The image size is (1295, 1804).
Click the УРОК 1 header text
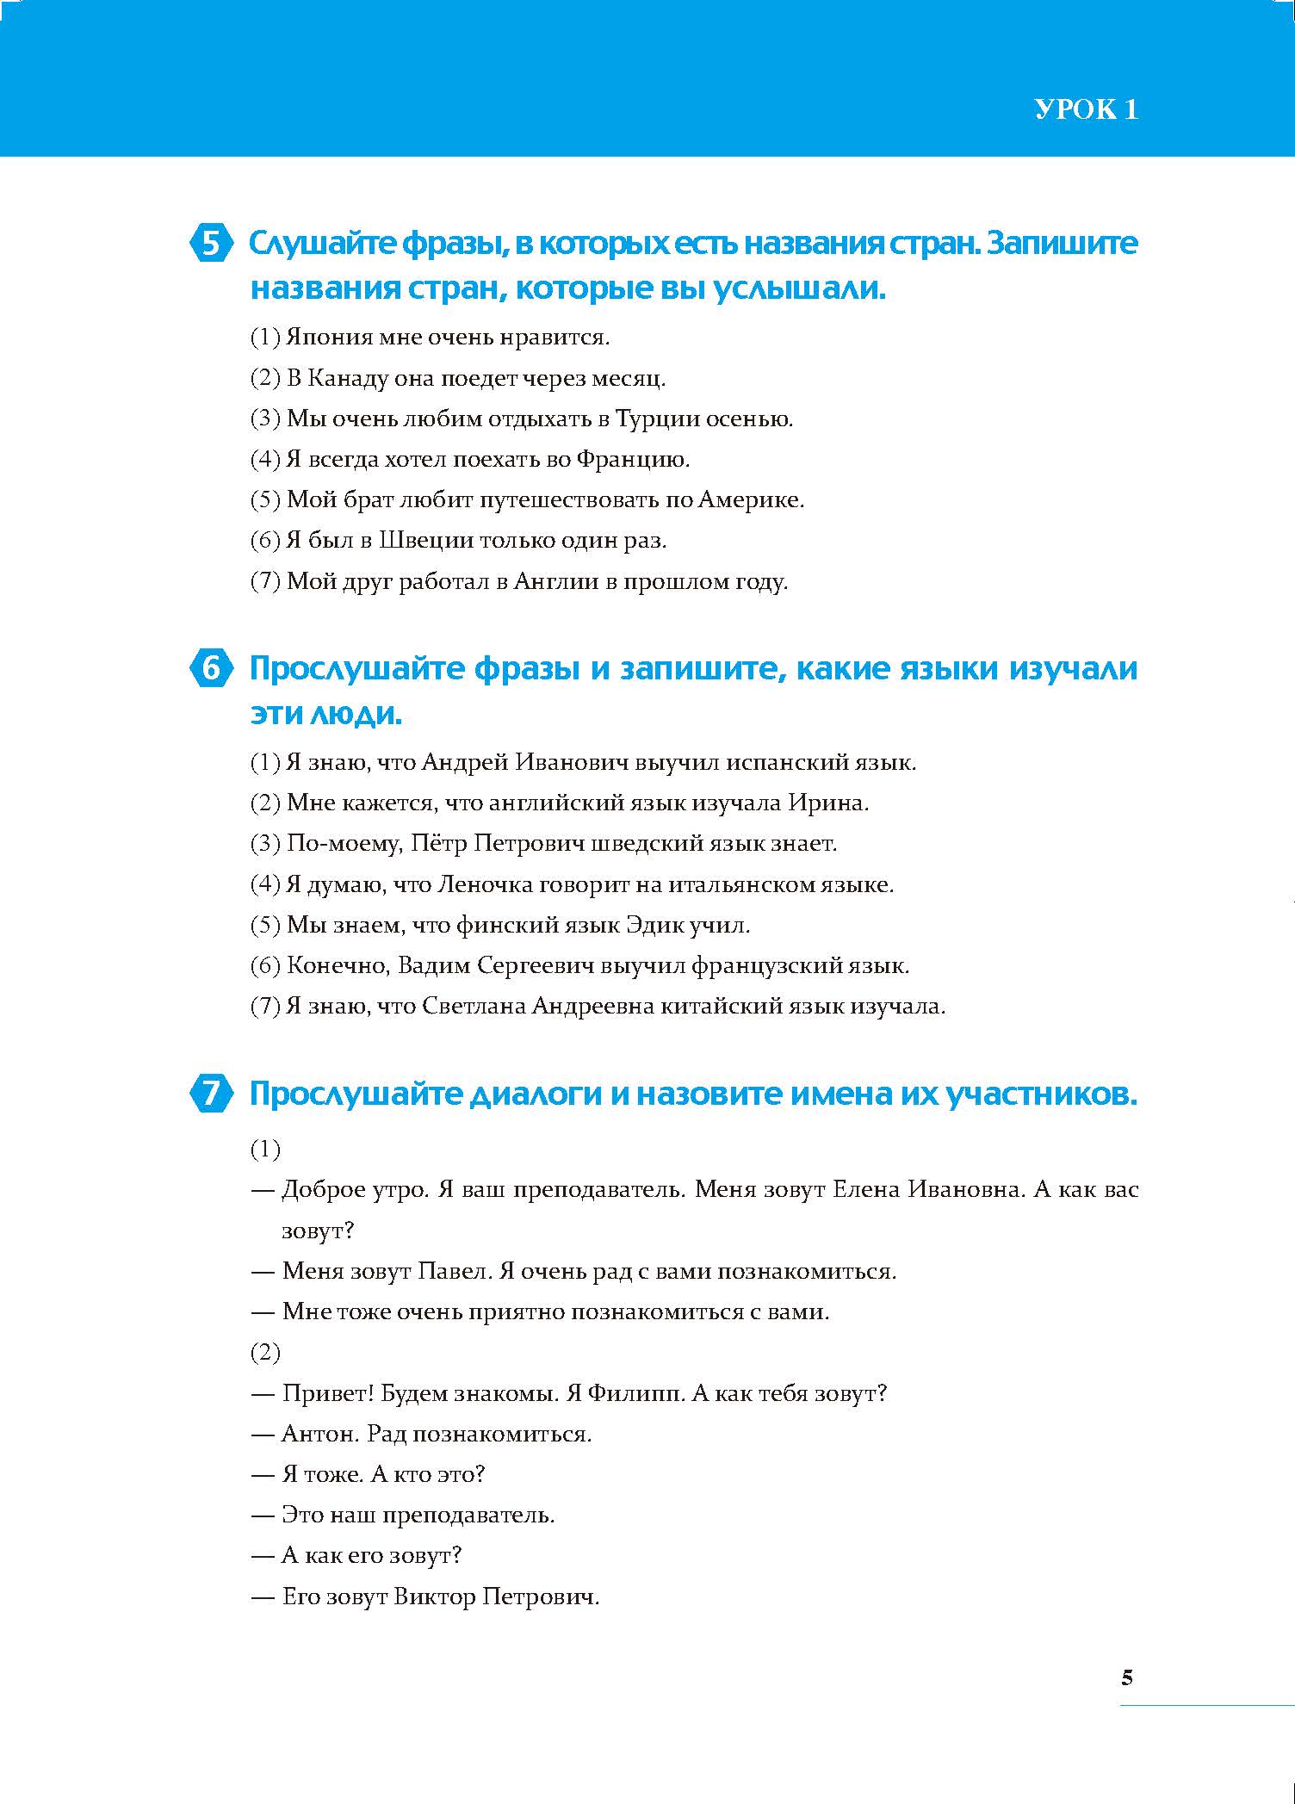1086,109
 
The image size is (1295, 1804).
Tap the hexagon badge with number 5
210,244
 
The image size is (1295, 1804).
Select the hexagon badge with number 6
210,669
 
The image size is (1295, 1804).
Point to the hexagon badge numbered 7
210,1094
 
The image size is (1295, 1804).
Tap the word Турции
657,419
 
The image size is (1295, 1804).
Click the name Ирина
827,803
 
